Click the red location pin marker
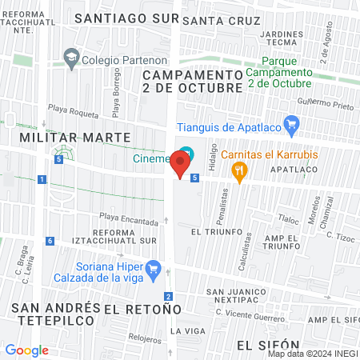click(x=181, y=166)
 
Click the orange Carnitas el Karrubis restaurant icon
click(x=238, y=170)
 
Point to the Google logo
click(x=26, y=350)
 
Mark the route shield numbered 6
click(x=50, y=241)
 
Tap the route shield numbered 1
click(x=40, y=179)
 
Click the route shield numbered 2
click(x=168, y=296)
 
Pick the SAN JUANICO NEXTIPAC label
click(x=238, y=298)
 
